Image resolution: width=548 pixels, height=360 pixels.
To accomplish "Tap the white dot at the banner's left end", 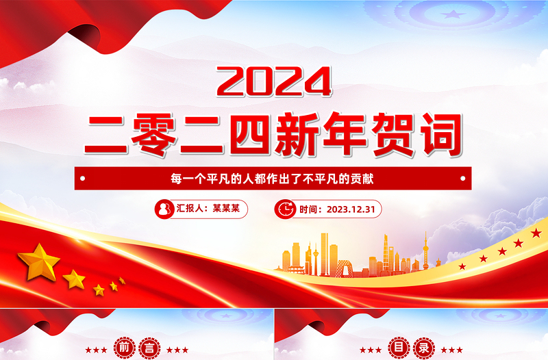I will [x=82, y=179].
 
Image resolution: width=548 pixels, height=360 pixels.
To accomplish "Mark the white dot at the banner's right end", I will [x=464, y=179].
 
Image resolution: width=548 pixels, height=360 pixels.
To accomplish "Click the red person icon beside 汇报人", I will [x=164, y=209].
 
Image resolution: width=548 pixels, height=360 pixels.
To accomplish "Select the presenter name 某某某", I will [x=226, y=209].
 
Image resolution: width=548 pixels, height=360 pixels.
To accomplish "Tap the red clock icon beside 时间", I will [x=284, y=209].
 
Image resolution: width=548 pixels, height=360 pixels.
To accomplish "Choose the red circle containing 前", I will [x=124, y=348].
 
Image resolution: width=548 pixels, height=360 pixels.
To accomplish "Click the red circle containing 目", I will [x=398, y=348].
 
